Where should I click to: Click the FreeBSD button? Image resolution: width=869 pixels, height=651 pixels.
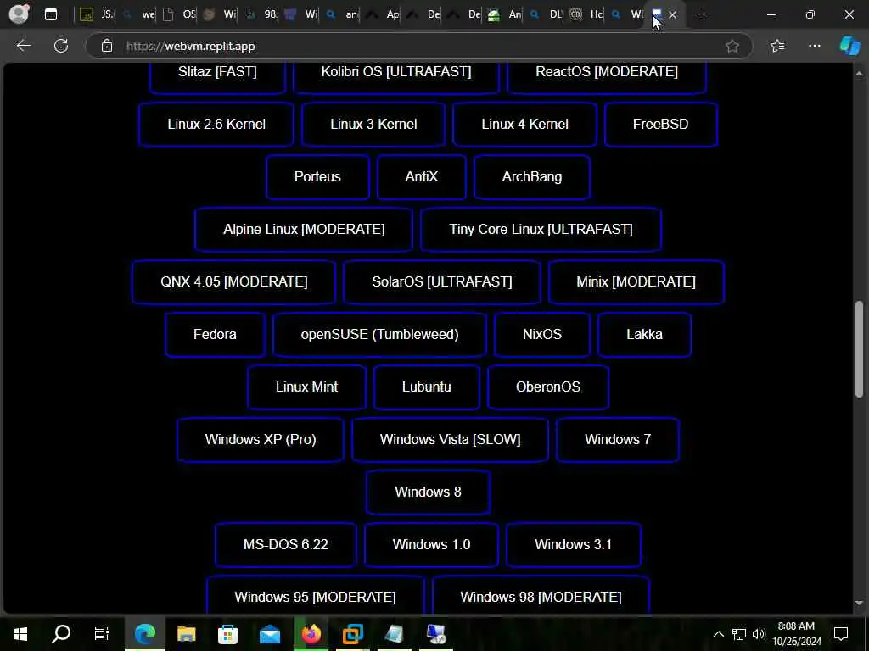click(x=660, y=125)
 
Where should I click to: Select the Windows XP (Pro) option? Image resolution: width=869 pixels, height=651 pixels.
click(x=261, y=440)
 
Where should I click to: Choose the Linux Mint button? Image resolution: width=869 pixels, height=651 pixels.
click(x=306, y=387)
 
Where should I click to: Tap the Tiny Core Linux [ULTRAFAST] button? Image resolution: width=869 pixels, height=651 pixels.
click(x=541, y=230)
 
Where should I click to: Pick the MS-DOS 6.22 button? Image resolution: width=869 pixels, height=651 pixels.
click(x=285, y=545)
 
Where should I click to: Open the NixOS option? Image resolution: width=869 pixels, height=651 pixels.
click(x=541, y=335)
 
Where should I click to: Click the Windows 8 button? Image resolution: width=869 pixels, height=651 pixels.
click(x=428, y=492)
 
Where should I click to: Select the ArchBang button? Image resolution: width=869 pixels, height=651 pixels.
click(x=532, y=177)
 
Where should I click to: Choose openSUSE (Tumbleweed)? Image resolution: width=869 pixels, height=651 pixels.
click(x=379, y=335)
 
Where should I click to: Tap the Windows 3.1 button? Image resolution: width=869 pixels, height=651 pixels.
click(x=573, y=545)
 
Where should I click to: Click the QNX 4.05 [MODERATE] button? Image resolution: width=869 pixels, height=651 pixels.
click(x=233, y=282)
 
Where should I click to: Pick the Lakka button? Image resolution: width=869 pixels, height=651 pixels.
click(x=644, y=335)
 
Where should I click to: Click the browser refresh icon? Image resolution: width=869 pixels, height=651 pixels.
click(x=61, y=46)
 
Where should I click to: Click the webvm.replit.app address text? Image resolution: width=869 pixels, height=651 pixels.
click(x=191, y=46)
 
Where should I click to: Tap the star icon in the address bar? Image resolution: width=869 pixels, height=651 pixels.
click(x=732, y=46)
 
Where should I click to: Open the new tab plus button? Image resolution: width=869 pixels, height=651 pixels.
click(x=704, y=14)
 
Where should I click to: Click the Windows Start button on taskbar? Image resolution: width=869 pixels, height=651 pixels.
click(x=20, y=633)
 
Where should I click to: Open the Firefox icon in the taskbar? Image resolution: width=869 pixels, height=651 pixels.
click(x=311, y=633)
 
